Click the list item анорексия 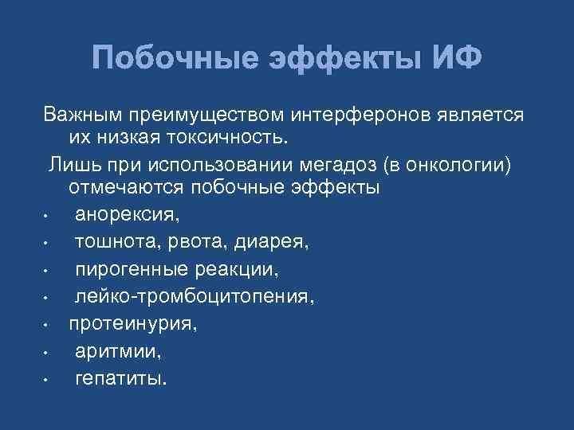128,215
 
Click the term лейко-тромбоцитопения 195,296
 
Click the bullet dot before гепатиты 47,380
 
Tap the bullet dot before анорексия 47,217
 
